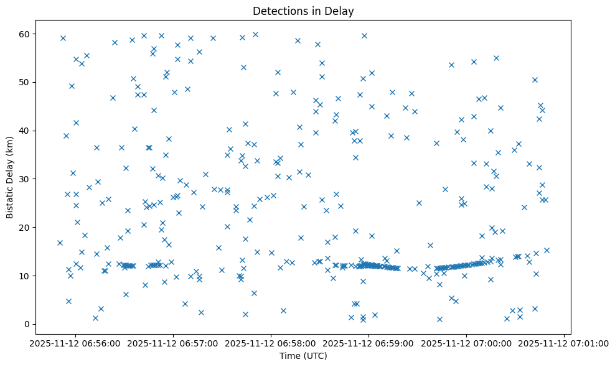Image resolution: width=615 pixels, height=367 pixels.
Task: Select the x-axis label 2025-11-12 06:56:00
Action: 75,342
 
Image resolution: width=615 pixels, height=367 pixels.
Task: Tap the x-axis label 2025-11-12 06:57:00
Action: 173,342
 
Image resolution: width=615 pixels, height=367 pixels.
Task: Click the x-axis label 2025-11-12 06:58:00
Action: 271,342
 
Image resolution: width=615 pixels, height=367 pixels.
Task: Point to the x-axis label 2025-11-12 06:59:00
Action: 369,342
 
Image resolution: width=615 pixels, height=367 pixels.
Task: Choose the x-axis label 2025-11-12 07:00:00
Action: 466,342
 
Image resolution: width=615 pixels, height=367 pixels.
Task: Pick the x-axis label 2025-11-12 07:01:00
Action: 564,342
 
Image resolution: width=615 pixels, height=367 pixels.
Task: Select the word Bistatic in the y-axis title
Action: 10,198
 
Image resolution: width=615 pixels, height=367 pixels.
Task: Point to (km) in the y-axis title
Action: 10,147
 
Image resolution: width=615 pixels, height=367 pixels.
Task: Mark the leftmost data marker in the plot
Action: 60,243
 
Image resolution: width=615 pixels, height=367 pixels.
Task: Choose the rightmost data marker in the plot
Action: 547,250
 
